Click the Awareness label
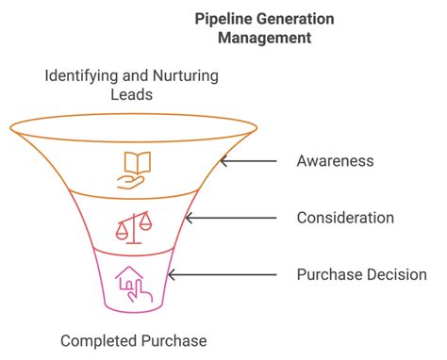click(335, 161)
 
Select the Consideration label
click(344, 218)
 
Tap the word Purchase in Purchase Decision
click(326, 275)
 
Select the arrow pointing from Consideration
click(230, 218)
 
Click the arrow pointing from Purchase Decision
click(221, 275)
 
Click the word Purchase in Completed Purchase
click(175, 340)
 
